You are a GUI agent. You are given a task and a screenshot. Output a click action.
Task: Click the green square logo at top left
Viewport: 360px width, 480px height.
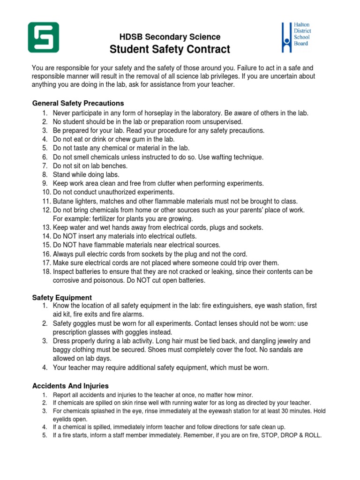tap(44, 37)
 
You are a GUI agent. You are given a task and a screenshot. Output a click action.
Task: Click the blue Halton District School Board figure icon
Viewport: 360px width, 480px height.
tap(286, 37)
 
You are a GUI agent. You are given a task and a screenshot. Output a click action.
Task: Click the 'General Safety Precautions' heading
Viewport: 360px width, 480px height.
tap(78, 103)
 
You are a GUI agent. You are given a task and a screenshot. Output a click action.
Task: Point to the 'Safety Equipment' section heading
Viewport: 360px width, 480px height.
tap(62, 298)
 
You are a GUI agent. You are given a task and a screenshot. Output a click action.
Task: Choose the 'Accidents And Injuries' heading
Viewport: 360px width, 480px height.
tap(70, 386)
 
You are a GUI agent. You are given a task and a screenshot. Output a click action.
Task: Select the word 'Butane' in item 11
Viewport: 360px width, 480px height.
tap(63, 201)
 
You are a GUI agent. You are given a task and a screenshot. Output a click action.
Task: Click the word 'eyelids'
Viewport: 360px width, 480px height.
tap(63, 419)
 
